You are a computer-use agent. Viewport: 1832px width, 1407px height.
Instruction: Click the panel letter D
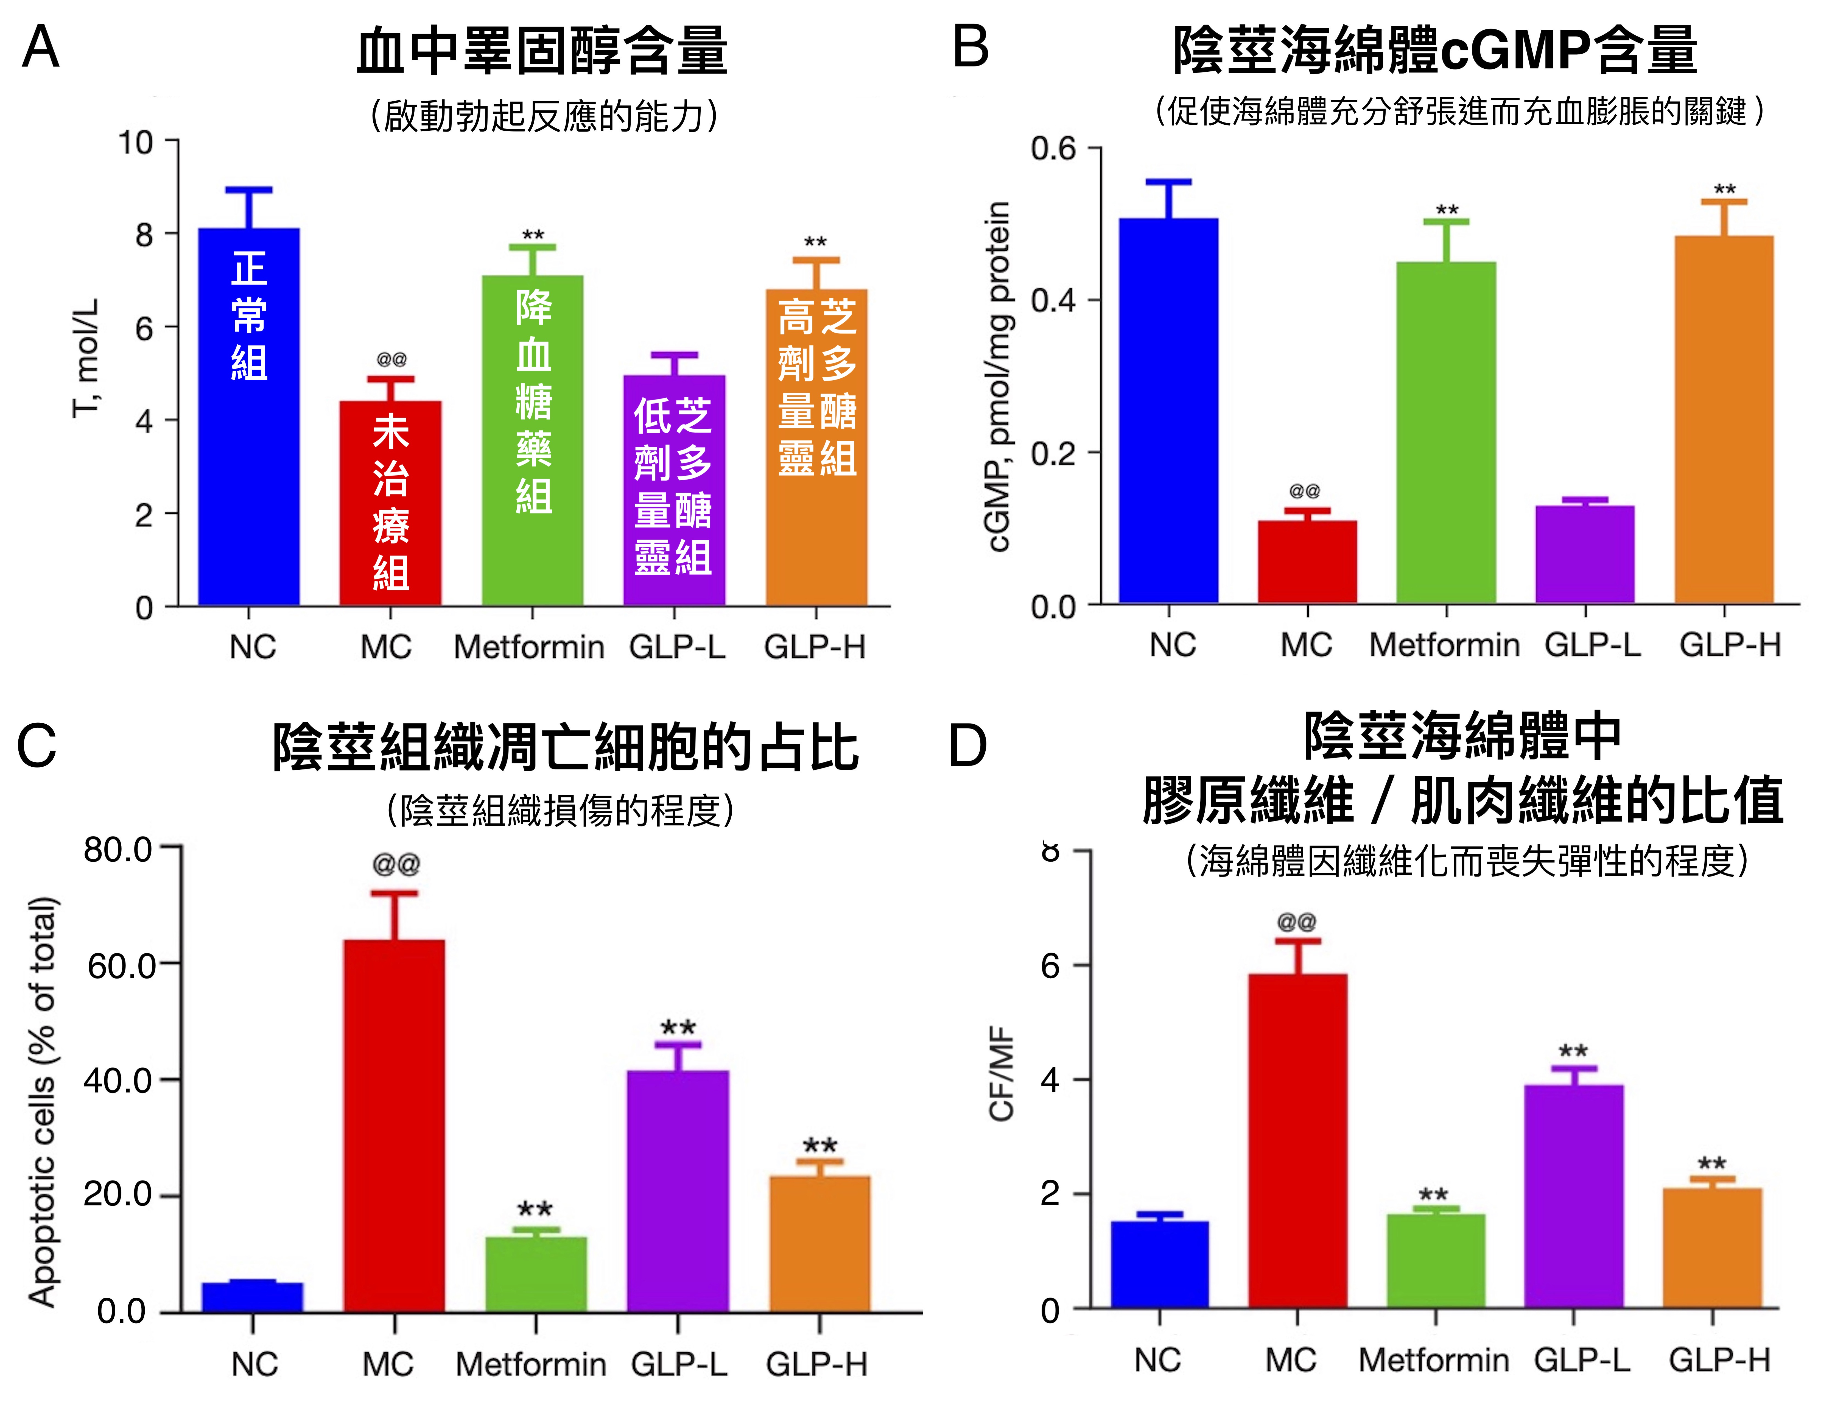967,745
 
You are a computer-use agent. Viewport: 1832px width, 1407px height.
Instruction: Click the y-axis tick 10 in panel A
136,142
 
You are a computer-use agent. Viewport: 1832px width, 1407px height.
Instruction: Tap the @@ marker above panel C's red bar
395,864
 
